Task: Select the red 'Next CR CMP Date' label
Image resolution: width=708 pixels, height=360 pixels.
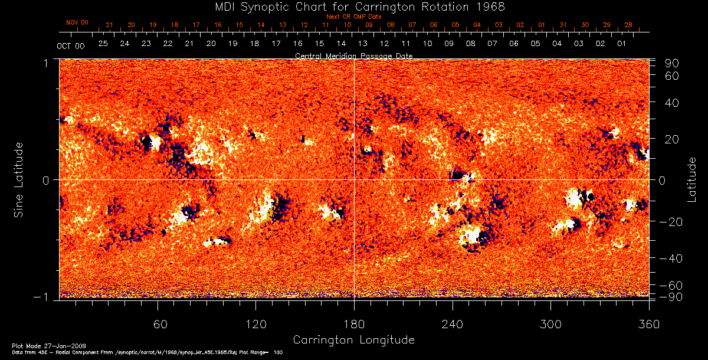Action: pyautogui.click(x=354, y=17)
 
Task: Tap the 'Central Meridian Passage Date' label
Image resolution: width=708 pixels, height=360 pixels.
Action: pyautogui.click(x=353, y=55)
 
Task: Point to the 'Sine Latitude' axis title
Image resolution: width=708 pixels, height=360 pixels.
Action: pyautogui.click(x=19, y=179)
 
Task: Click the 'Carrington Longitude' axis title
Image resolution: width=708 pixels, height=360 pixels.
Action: pyautogui.click(x=353, y=340)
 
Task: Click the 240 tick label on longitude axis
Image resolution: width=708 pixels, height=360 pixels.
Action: pyautogui.click(x=452, y=325)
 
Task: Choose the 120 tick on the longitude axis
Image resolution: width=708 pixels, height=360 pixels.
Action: pyautogui.click(x=255, y=325)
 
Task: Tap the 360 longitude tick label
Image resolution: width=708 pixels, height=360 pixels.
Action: pyautogui.click(x=648, y=325)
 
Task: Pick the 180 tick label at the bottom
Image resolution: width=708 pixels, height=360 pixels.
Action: pyautogui.click(x=354, y=325)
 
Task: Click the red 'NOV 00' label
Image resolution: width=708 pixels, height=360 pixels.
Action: pyautogui.click(x=77, y=22)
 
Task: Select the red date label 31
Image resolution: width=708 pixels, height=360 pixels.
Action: pyautogui.click(x=563, y=25)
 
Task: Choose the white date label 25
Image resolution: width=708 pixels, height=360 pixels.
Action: pyautogui.click(x=103, y=44)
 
